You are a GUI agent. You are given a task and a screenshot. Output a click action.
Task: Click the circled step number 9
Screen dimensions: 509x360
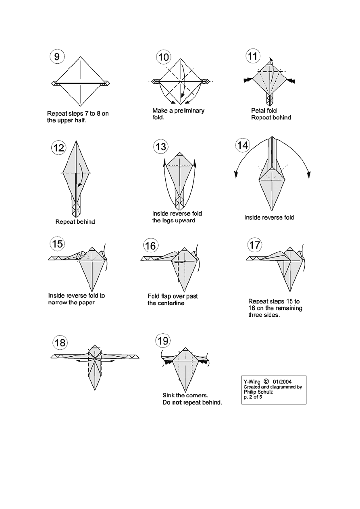(58, 57)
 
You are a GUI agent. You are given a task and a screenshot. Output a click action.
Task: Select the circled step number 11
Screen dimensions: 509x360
(253, 56)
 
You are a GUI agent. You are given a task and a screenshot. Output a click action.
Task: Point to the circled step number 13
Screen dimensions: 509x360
(160, 147)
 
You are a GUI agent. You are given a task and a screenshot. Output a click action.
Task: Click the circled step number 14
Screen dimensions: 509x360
(243, 145)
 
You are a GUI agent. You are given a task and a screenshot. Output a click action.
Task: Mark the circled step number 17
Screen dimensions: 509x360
(255, 244)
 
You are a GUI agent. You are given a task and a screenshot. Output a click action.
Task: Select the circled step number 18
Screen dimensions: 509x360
(60, 343)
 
